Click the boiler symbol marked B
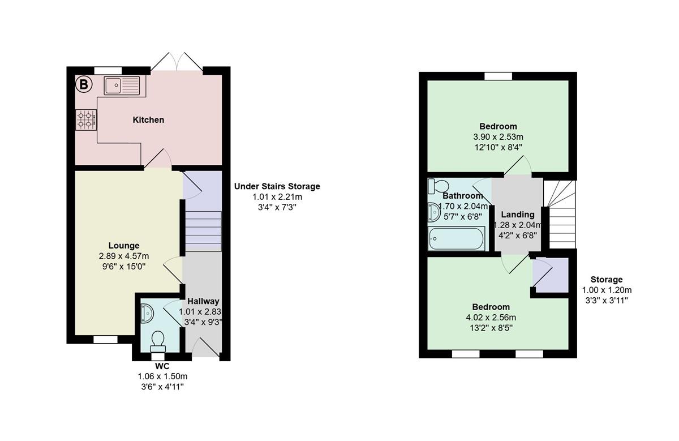[x=83, y=84]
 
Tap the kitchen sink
[x=122, y=85]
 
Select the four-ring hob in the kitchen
[x=86, y=120]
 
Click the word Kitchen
[x=148, y=120]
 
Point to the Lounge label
[x=124, y=245]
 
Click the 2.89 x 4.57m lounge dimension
[x=124, y=256]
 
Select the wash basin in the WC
[x=147, y=313]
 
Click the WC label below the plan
[x=162, y=366]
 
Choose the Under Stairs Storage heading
[x=277, y=186]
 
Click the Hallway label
[x=203, y=301]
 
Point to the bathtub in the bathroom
[x=457, y=238]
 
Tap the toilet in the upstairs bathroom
[x=438, y=186]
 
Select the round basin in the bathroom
[x=434, y=212]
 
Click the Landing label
[x=517, y=215]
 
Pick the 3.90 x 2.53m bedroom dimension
[x=498, y=137]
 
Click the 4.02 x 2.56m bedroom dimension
[x=491, y=318]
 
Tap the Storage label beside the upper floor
[x=606, y=279]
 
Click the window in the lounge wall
[x=105, y=340]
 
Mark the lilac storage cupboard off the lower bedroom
[x=551, y=275]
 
